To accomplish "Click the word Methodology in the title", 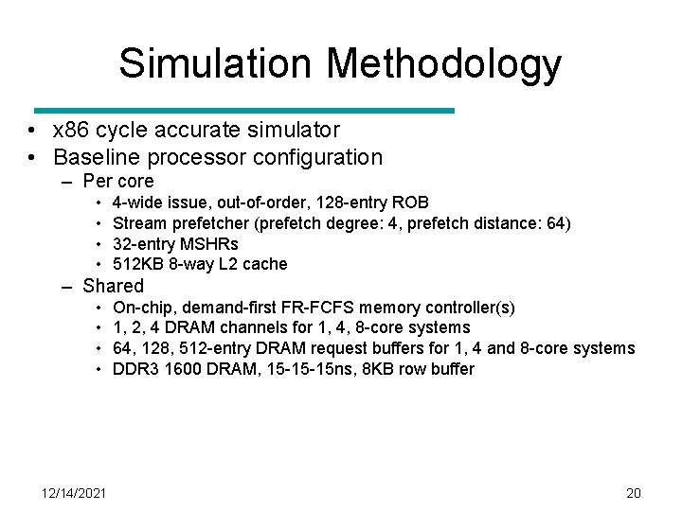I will click(x=444, y=63).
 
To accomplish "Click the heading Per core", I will click(x=118, y=181).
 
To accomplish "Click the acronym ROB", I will click(x=410, y=203).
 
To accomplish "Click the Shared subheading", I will click(x=114, y=286).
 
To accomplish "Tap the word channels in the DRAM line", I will click(x=265, y=328).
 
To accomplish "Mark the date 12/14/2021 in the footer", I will click(x=75, y=493).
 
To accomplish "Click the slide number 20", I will click(x=634, y=493).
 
